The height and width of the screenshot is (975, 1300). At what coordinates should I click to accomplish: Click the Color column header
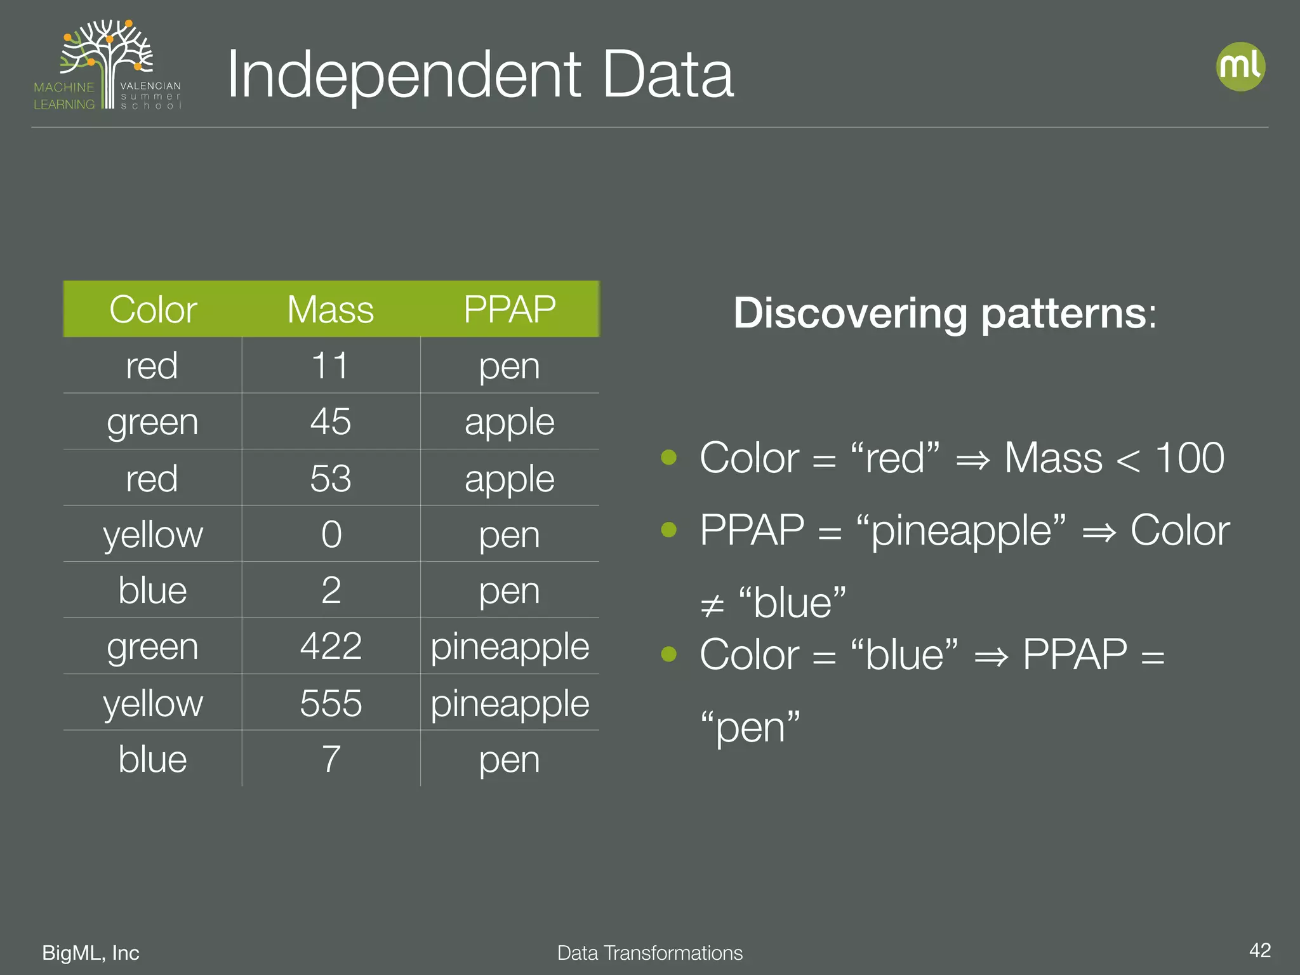tap(153, 310)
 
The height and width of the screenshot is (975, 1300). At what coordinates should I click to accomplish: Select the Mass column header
tap(331, 310)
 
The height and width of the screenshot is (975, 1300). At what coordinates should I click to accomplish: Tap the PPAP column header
tap(510, 310)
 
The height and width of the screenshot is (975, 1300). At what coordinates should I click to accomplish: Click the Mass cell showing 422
tap(331, 646)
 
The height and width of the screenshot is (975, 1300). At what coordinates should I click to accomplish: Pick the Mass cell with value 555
tap(331, 703)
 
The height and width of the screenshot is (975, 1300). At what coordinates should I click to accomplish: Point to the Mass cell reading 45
tap(331, 421)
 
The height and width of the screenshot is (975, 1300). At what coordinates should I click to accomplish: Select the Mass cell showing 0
tap(331, 534)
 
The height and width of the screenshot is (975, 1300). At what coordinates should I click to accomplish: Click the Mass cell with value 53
tap(331, 478)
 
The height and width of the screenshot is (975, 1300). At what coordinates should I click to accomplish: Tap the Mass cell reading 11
tap(331, 366)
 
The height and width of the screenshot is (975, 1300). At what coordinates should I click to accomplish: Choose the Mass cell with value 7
tap(331, 759)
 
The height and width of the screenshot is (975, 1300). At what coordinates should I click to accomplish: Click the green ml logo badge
tap(1240, 67)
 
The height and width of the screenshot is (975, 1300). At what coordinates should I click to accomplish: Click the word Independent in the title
tap(404, 75)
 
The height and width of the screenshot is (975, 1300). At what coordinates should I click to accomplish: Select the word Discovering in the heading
tap(850, 313)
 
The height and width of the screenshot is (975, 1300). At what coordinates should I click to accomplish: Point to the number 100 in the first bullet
tap(1189, 458)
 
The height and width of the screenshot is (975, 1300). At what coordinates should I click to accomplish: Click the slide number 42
tap(1259, 950)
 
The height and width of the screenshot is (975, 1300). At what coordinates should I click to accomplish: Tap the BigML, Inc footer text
tap(91, 953)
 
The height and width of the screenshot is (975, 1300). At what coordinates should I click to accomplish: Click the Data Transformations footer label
tap(649, 953)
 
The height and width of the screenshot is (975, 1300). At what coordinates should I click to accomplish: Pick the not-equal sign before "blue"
tap(712, 606)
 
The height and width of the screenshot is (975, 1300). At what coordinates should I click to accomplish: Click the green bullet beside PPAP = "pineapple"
tap(668, 529)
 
